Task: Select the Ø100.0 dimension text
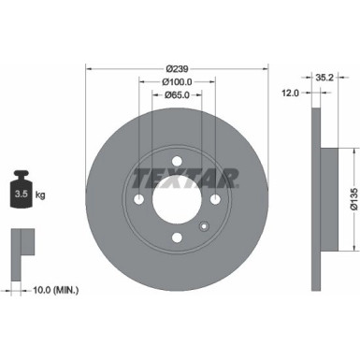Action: (178, 81)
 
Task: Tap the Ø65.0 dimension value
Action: (178, 94)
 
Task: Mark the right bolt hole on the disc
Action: (215, 199)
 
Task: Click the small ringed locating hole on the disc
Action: (203, 227)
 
